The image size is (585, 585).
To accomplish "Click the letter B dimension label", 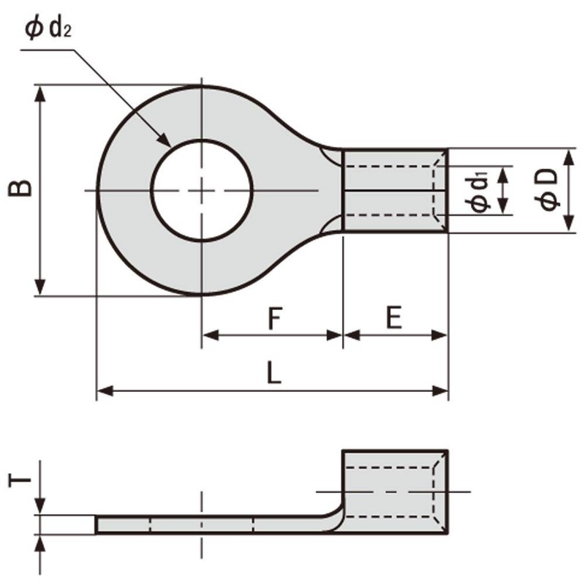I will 21,188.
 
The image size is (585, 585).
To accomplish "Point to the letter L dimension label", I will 273,374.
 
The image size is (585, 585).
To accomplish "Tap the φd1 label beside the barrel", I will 479,191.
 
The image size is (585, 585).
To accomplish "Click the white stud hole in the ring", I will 202,190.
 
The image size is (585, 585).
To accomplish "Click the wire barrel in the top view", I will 393,191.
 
